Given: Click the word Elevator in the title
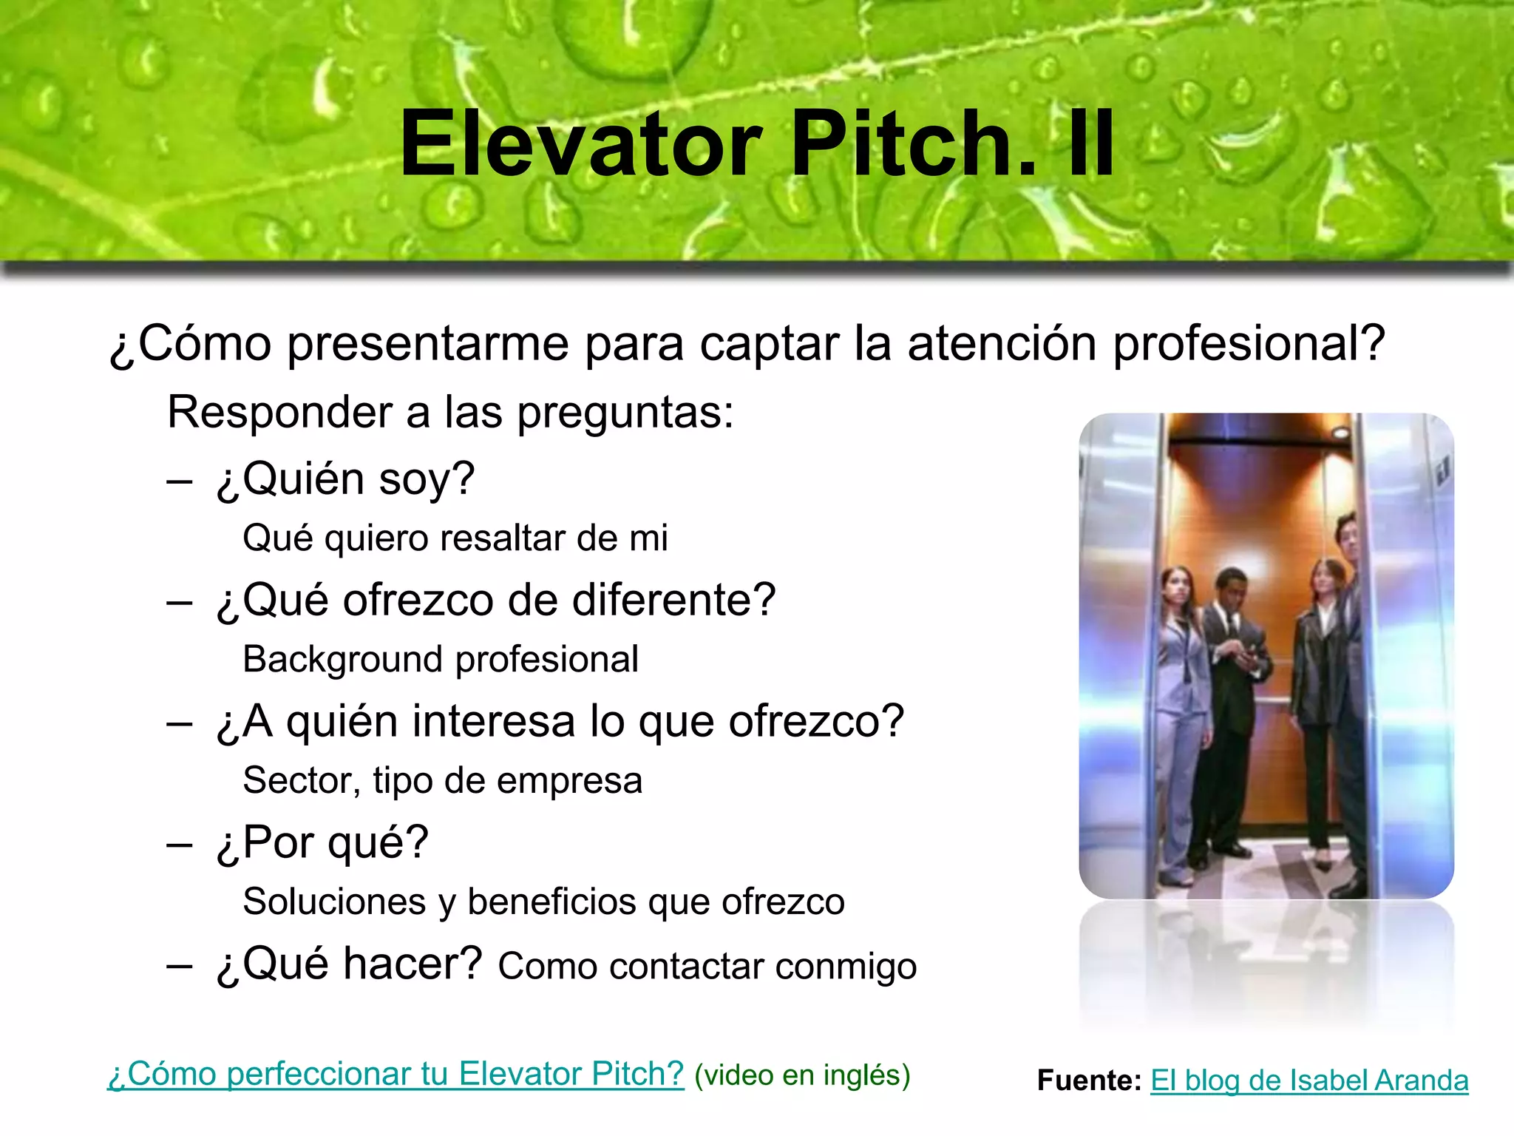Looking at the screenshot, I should [x=581, y=143].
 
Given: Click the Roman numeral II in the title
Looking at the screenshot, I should [x=1090, y=143].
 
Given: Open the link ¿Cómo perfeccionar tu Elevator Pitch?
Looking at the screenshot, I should [x=396, y=1074].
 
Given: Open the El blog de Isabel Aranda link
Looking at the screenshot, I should [x=1309, y=1081].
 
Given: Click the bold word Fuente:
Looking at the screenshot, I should [x=1089, y=1081].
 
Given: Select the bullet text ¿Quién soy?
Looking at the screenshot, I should [x=345, y=479].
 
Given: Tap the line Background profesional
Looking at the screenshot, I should [x=441, y=659].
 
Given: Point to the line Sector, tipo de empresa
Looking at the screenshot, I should [x=443, y=780].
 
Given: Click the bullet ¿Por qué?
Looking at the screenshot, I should [x=322, y=842].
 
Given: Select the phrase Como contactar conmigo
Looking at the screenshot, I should [x=707, y=966].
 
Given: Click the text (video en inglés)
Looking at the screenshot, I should [x=802, y=1075].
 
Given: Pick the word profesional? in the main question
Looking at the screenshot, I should [x=1249, y=344].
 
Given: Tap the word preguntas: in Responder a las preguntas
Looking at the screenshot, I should [x=625, y=413].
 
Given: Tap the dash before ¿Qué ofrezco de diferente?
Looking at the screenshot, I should [x=180, y=601].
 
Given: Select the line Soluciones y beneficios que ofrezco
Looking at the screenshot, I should [x=543, y=902].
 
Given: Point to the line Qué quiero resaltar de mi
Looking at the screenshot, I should [x=455, y=538].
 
